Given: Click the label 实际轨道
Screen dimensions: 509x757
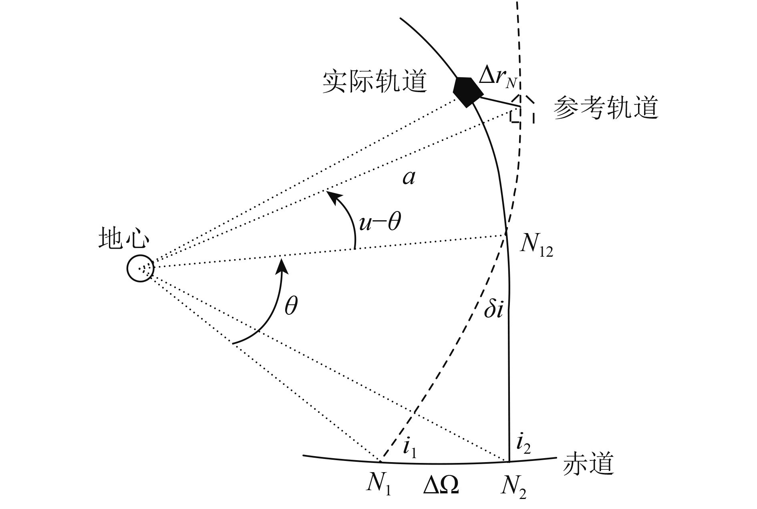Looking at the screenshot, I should point(374,82).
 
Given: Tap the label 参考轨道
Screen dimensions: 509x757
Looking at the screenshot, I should point(606,108).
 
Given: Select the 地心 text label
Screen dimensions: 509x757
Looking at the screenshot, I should point(124,239).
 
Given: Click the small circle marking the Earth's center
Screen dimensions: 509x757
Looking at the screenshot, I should point(140,268).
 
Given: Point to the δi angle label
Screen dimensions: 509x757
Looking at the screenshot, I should point(493,310).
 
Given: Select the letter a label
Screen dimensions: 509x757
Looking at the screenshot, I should point(409,177).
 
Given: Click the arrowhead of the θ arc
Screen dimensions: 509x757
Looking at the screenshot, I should point(283,264).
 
